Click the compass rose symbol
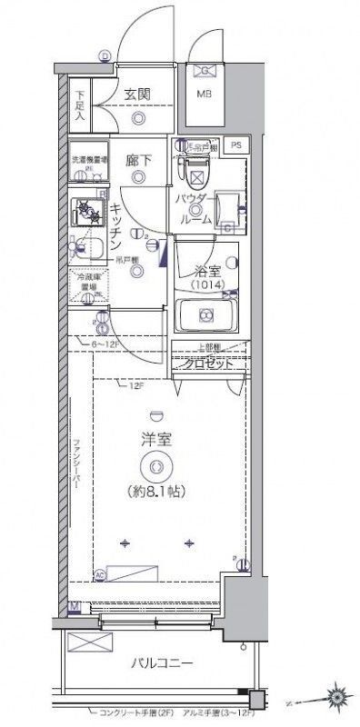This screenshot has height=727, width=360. pyautogui.click(x=341, y=698)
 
